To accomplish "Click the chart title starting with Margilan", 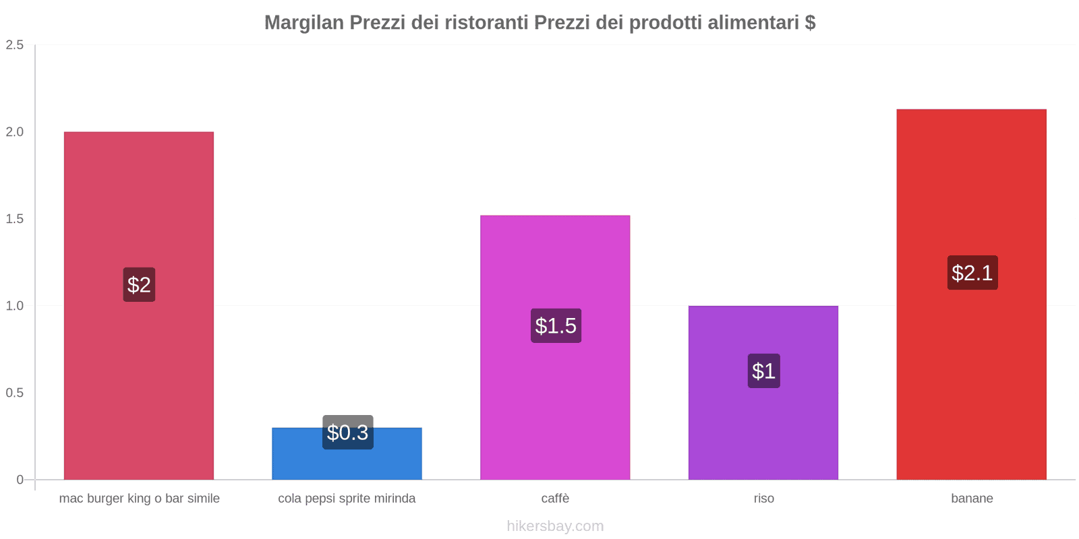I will (x=539, y=23).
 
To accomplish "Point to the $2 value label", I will (x=139, y=284).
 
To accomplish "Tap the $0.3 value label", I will (x=347, y=432).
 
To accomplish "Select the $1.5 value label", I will (x=556, y=325).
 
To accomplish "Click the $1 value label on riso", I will (x=763, y=371).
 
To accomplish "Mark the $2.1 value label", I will (x=972, y=273).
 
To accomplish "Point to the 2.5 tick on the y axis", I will (x=15, y=45).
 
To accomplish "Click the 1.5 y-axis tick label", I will (x=15, y=219).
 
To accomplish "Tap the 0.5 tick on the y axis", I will (x=15, y=393).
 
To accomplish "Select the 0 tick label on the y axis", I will (x=20, y=480).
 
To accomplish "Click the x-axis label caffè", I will (x=555, y=499).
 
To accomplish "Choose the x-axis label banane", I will (x=972, y=499).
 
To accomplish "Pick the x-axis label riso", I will (x=763, y=499).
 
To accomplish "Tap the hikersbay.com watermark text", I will (x=555, y=526).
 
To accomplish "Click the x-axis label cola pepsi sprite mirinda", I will (x=347, y=499).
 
